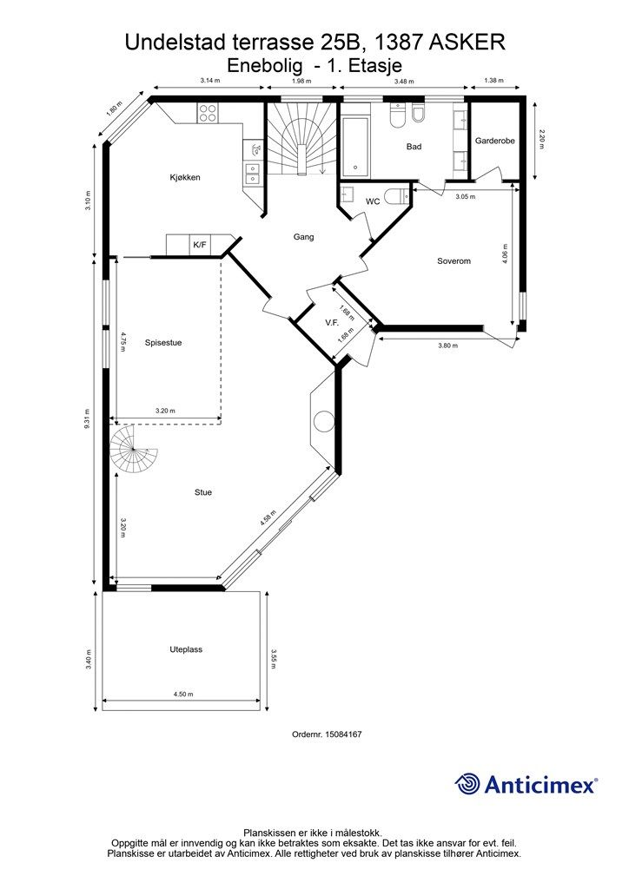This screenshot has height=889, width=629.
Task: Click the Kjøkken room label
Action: (x=185, y=177)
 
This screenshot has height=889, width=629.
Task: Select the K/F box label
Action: (x=200, y=245)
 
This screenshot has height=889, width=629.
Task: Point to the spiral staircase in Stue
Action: (x=133, y=449)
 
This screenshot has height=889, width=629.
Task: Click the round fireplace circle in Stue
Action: (x=324, y=421)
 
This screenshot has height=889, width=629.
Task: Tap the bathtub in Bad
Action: (x=354, y=146)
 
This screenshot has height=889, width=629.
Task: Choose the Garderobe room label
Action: (x=495, y=141)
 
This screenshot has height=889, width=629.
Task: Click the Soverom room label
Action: (x=454, y=261)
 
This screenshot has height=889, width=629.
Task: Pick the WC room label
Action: (x=373, y=201)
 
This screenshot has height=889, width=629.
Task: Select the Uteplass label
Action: (x=186, y=649)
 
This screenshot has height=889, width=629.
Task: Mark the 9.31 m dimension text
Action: (x=87, y=420)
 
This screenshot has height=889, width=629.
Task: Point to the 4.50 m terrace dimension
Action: (x=183, y=694)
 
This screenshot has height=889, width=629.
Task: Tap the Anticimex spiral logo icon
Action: (x=467, y=784)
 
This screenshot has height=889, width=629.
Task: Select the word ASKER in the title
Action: (x=467, y=43)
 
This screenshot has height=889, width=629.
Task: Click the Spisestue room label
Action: (x=163, y=343)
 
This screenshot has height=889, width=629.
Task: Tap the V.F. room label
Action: (x=332, y=323)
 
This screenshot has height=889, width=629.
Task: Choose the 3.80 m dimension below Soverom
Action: (x=448, y=346)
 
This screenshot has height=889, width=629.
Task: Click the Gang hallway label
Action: (x=303, y=237)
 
